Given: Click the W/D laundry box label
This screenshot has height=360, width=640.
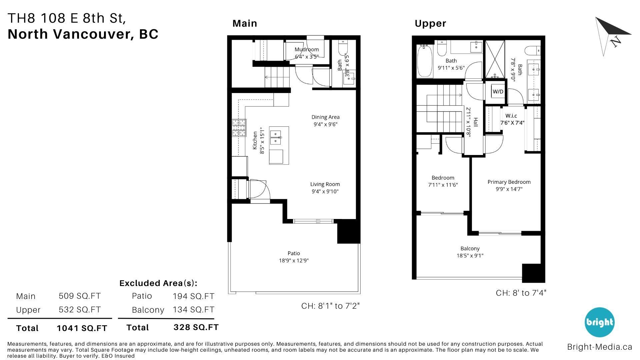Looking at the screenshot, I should [x=498, y=92].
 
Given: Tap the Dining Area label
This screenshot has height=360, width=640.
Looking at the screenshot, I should [x=325, y=117].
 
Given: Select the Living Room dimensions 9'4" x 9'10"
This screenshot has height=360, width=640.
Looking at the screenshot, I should [x=325, y=191].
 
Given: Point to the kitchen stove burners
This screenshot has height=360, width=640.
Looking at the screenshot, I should [x=239, y=128].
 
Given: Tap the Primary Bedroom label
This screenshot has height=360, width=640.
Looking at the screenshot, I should [x=509, y=182].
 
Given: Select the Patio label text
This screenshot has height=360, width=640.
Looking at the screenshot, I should [x=294, y=253].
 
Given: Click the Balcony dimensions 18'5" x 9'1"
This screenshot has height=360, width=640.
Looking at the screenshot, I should [x=470, y=256].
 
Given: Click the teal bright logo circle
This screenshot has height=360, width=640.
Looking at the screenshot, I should [x=599, y=322].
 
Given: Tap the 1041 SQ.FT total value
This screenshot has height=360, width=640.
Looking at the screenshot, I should [x=82, y=328].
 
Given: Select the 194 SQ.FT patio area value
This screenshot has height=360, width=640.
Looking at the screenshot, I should [x=193, y=296].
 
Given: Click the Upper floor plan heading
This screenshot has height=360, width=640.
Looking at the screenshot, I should [x=430, y=23].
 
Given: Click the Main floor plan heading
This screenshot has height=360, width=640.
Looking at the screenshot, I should [x=245, y=23].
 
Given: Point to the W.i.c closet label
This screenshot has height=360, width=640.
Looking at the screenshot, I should [x=511, y=116].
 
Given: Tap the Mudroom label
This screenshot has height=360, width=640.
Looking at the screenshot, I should [x=307, y=49].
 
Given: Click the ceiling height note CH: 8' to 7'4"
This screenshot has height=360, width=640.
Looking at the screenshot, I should [x=521, y=293].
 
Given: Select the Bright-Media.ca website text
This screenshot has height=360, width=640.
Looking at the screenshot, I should [x=599, y=347].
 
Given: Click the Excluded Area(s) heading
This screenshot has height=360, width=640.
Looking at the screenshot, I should [x=158, y=283].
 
